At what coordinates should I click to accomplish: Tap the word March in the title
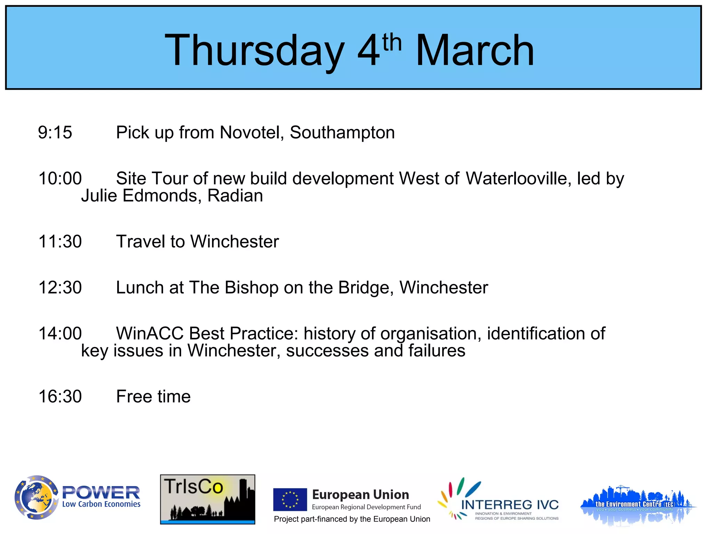[475, 50]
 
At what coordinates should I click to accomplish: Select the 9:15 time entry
[55, 132]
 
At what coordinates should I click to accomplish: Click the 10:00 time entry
[60, 178]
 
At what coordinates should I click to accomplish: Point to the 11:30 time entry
[60, 241]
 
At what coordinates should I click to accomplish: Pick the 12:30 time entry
[60, 288]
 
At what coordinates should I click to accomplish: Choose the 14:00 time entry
[60, 333]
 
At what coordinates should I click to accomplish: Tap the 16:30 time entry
[60, 396]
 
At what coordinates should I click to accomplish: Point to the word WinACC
[149, 333]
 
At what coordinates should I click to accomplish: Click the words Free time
[153, 396]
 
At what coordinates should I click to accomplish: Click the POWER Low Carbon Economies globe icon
[36, 497]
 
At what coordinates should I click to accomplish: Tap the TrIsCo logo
[208, 499]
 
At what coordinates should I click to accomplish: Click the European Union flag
[290, 500]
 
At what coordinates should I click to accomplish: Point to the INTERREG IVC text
[510, 505]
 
